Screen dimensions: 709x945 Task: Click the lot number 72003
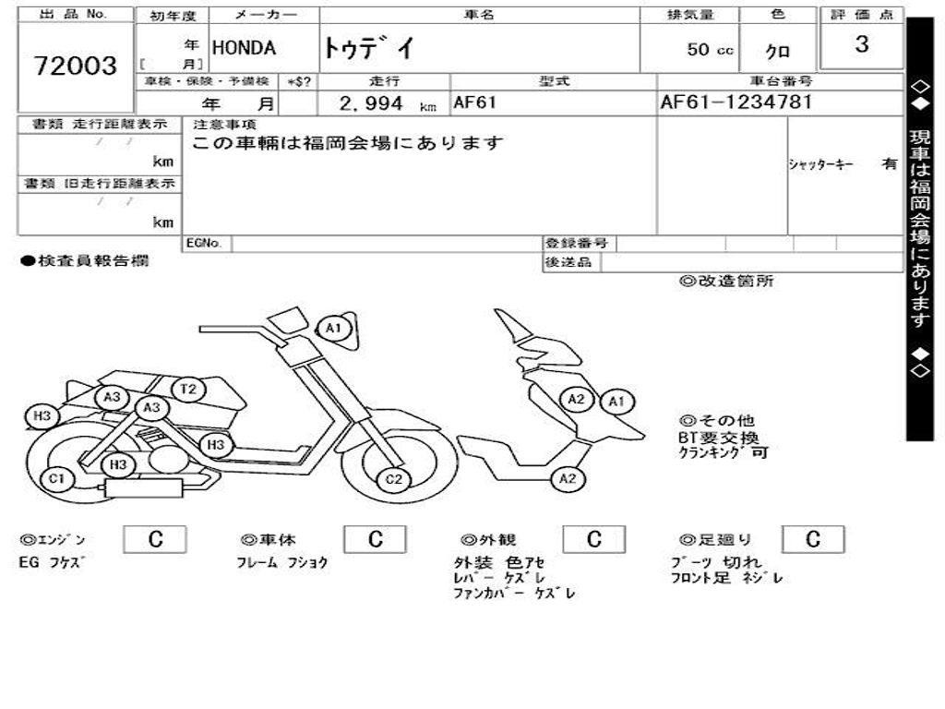click(x=76, y=66)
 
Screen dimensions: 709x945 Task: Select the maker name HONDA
click(x=245, y=49)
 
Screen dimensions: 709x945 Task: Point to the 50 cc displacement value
click(x=710, y=50)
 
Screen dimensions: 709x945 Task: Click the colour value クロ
click(x=778, y=52)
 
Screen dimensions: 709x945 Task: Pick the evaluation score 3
click(x=861, y=44)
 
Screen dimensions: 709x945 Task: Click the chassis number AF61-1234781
click(x=736, y=102)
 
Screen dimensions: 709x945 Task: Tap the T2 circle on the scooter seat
click(x=188, y=389)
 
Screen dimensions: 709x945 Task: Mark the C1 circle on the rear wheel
click(x=57, y=478)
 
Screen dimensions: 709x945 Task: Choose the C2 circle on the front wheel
click(x=394, y=478)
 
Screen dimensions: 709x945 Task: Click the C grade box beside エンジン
click(x=155, y=540)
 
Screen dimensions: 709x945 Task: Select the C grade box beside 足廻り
click(x=812, y=540)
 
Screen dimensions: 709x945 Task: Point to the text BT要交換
click(x=718, y=438)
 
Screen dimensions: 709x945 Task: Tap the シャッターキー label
click(x=820, y=164)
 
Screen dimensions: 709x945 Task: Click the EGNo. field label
click(x=205, y=244)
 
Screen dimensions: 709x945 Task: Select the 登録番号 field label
click(x=576, y=244)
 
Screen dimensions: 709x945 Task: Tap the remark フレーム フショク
click(x=281, y=562)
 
